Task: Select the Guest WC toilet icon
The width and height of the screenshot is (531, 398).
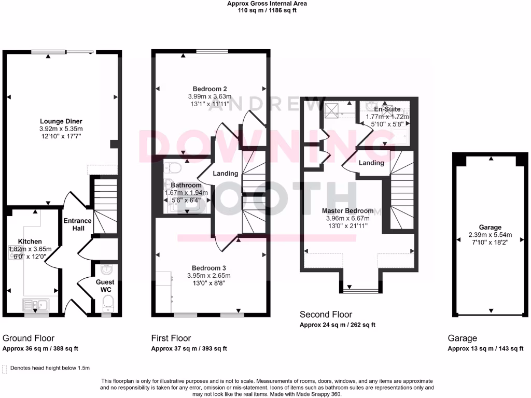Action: point(107,302)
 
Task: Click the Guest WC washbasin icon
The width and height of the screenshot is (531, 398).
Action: point(106,270)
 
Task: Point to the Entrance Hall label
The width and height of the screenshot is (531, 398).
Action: point(77,224)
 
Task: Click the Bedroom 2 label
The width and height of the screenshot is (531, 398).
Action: point(209,89)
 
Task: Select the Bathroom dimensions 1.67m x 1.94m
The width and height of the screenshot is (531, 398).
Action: point(186,192)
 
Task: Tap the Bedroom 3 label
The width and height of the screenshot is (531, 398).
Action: point(209,268)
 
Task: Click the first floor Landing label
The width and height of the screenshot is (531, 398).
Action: point(226,174)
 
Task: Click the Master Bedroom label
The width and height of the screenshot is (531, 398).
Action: point(347,211)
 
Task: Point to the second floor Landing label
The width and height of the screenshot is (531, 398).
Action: point(371,163)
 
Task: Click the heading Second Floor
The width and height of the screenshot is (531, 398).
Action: point(326,315)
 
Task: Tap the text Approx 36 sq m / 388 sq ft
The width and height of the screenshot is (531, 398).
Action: point(40,349)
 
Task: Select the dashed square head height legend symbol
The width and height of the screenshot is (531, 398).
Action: point(5,368)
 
